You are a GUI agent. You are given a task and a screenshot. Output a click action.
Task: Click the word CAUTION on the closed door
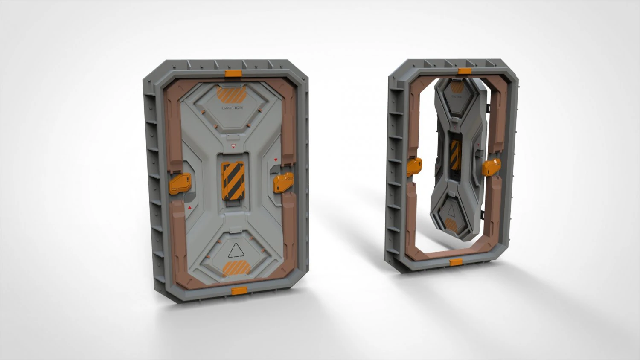click(232, 108)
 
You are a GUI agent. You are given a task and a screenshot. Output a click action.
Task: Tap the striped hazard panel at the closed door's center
click(233, 181)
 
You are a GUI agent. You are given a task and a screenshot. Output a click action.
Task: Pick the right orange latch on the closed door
click(283, 183)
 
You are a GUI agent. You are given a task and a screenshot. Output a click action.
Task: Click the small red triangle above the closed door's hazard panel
click(233, 146)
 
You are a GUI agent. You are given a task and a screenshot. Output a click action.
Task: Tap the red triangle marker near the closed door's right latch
click(276, 160)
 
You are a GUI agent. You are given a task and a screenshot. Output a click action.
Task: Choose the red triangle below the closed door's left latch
click(189, 207)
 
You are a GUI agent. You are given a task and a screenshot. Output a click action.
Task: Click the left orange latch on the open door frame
click(414, 166)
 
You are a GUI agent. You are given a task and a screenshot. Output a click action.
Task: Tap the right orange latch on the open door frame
click(491, 167)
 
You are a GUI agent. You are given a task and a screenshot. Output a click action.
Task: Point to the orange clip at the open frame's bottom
click(456, 262)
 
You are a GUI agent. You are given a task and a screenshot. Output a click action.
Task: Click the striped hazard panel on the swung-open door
click(455, 154)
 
